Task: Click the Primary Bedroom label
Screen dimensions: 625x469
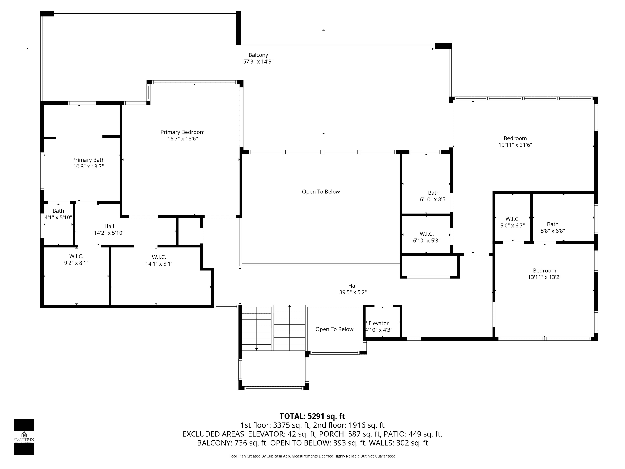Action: (182, 132)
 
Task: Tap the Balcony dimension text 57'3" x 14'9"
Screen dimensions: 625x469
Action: (258, 62)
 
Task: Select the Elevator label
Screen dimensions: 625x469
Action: (379, 323)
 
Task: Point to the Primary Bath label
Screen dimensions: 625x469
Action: (89, 160)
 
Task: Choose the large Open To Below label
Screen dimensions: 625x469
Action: (321, 192)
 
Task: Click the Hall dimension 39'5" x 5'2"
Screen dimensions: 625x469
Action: (353, 292)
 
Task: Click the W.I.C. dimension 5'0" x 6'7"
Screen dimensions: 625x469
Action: (512, 226)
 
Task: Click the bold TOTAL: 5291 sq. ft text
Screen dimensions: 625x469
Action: (312, 416)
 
